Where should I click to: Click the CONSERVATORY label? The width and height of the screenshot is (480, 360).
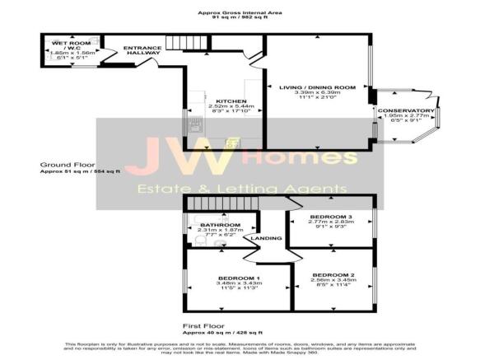pyautogui.click(x=406, y=110)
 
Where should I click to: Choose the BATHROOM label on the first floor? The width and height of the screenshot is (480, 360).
pyautogui.click(x=220, y=225)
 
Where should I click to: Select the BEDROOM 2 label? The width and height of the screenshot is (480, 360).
pyautogui.click(x=333, y=274)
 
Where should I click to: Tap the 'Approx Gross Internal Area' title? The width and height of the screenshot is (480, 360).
pyautogui.click(x=240, y=12)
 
